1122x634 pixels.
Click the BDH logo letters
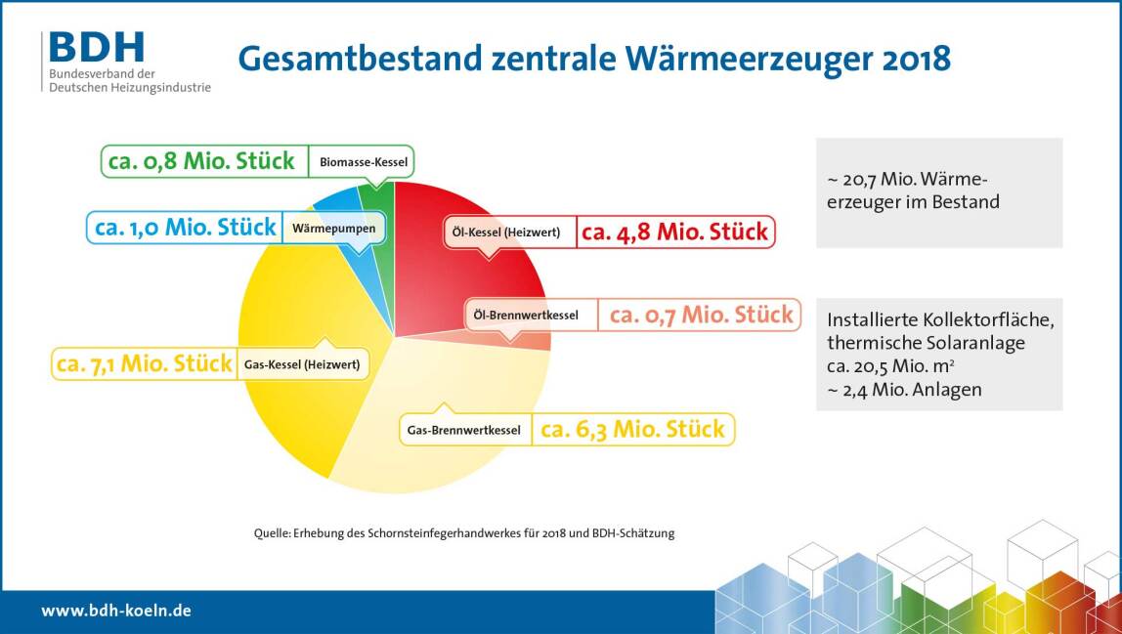coord(97,47)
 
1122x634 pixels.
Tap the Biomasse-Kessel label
coord(364,162)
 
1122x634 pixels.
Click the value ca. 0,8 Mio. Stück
coord(201,161)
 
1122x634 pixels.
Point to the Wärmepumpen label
coord(333,229)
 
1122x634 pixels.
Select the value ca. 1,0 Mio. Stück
coord(186,228)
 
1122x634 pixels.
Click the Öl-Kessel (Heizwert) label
coord(506,232)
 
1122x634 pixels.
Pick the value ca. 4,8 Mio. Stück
coord(674,232)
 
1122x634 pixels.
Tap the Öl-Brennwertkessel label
coord(526,315)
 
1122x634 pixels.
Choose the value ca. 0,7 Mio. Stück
coord(702,315)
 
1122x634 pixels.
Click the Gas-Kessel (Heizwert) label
coord(302,364)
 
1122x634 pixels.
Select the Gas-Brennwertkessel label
coord(463,430)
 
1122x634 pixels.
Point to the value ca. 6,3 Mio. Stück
coord(632,430)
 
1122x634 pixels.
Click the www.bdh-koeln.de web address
coord(116,611)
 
